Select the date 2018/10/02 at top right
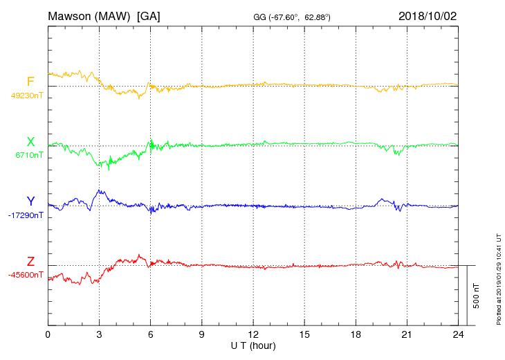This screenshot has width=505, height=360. tap(428, 16)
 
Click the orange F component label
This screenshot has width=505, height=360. tap(30, 82)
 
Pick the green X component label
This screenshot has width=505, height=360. tap(30, 142)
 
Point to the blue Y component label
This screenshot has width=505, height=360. tap(30, 201)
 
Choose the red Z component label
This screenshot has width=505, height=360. tap(30, 261)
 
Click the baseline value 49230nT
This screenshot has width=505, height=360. tap(27, 96)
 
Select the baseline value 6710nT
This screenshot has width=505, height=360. tap(29, 156)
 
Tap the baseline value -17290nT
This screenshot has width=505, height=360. tap(27, 215)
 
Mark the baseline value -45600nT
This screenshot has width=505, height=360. tap(27, 275)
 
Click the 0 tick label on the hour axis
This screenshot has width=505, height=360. tap(48, 335)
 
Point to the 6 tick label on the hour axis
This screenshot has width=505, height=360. tap(150, 335)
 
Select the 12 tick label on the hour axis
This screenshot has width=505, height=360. tap(253, 335)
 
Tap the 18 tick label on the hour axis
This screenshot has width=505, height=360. tap(356, 335)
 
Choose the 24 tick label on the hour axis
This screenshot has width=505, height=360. tap(458, 335)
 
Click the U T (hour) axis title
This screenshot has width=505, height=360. tap(253, 345)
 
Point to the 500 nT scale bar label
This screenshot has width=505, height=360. tap(477, 296)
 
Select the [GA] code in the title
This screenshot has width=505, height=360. tap(149, 16)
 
